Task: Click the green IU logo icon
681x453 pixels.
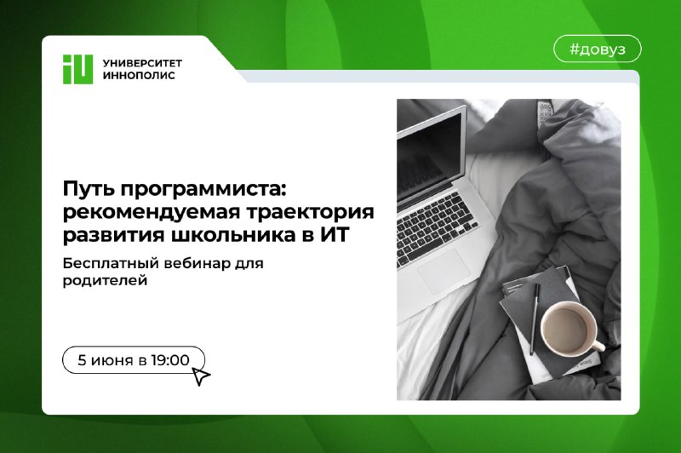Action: click(x=77, y=69)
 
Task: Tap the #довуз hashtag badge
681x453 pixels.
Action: click(x=598, y=49)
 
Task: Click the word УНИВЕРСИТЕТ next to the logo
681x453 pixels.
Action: click(x=142, y=63)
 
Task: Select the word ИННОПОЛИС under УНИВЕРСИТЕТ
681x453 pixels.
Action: click(x=139, y=75)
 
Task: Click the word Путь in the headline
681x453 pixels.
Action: click(x=87, y=189)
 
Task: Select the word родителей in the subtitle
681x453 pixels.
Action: click(x=105, y=281)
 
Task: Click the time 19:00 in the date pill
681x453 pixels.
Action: click(x=170, y=360)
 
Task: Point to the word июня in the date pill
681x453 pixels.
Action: click(x=112, y=360)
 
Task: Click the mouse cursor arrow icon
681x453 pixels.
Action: click(x=200, y=376)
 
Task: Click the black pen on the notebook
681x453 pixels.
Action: click(x=535, y=318)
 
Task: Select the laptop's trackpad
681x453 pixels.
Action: click(x=444, y=270)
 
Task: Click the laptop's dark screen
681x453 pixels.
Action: click(x=428, y=152)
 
